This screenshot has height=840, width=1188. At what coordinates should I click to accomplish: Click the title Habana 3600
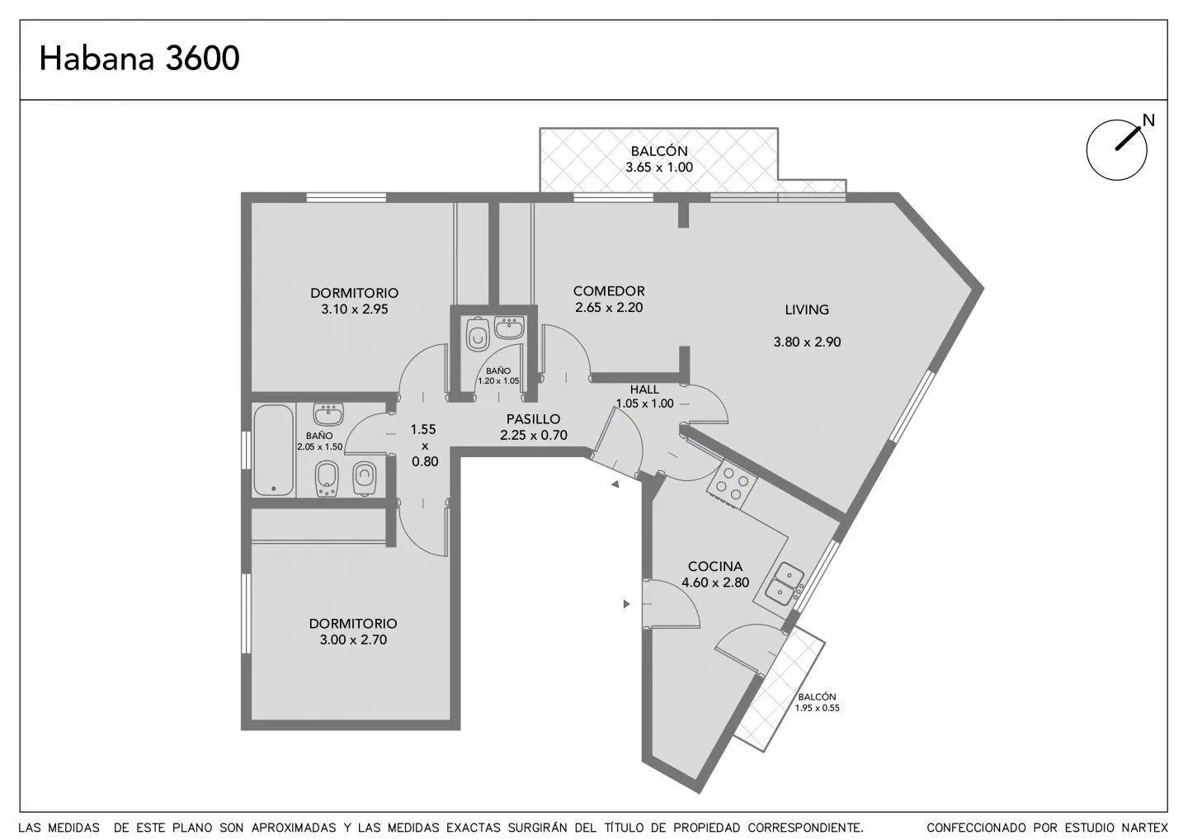tap(139, 59)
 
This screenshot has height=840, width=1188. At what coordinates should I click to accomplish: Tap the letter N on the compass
tap(1148, 121)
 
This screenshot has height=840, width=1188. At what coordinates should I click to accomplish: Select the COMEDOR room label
tap(609, 291)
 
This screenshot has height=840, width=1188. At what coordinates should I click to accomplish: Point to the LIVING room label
tap(807, 309)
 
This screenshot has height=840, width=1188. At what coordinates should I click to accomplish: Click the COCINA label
tap(715, 566)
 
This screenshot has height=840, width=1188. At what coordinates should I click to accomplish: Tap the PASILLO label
tap(533, 419)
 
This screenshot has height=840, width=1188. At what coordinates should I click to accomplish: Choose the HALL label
tap(644, 389)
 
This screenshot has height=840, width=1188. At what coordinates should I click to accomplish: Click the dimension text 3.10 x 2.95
tap(354, 309)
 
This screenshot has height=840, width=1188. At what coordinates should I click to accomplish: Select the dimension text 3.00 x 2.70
tap(353, 639)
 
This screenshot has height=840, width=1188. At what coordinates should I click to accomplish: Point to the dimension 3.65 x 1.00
tap(659, 167)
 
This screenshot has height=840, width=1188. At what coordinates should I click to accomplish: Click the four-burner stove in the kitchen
tap(731, 483)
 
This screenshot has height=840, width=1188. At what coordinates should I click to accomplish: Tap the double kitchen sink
tap(785, 584)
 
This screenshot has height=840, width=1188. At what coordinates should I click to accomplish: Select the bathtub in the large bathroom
tap(274, 451)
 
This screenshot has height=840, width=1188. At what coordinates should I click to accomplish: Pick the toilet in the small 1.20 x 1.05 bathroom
tap(478, 334)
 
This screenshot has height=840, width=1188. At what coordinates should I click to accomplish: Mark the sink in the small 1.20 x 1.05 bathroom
tap(509, 328)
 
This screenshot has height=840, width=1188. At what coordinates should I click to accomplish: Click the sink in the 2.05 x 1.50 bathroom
tap(328, 415)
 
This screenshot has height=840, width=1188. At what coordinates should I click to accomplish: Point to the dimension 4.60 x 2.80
tap(715, 583)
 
